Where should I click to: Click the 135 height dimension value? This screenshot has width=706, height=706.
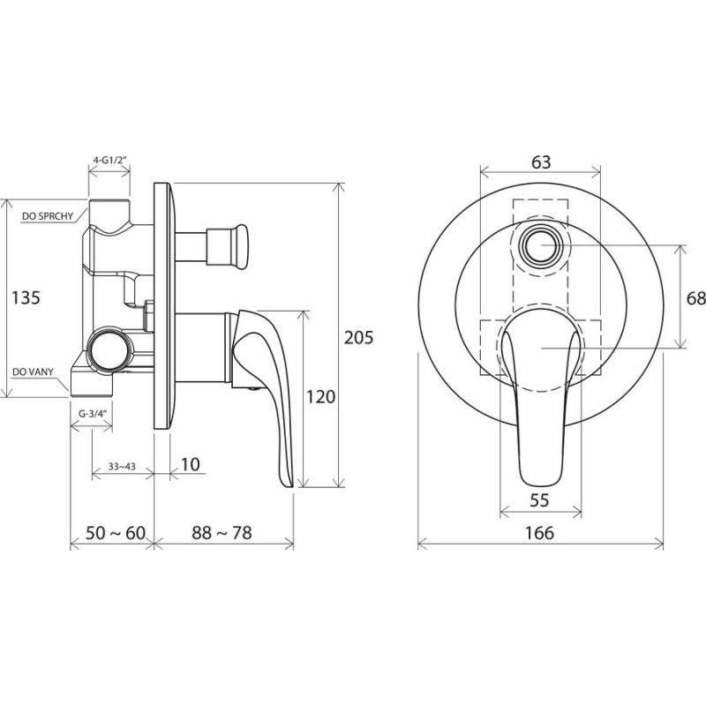pos(26,298)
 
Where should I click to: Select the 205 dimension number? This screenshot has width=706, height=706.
pos(359,337)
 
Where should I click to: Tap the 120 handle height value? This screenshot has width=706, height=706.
pos(320,396)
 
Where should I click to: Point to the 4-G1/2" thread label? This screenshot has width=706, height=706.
pos(109,160)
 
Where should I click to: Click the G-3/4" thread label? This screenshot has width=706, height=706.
pos(92,413)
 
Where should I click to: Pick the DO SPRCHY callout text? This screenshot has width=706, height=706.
pos(48,216)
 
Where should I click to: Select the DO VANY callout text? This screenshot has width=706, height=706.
pos(33,372)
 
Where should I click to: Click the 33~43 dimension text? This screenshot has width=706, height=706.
pos(122,467)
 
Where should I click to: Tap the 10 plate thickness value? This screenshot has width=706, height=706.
pos(191,465)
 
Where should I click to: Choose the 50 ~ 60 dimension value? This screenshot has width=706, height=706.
pos(116,533)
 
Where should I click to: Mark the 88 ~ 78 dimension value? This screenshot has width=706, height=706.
pos(222,533)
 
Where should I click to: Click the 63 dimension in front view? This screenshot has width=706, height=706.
pos(541,162)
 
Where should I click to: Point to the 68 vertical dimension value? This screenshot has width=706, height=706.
pos(696,298)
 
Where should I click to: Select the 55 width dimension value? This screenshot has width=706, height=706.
pos(539,500)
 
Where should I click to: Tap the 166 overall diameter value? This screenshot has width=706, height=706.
pos(539,533)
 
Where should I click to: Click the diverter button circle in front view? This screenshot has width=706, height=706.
pos(541,246)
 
